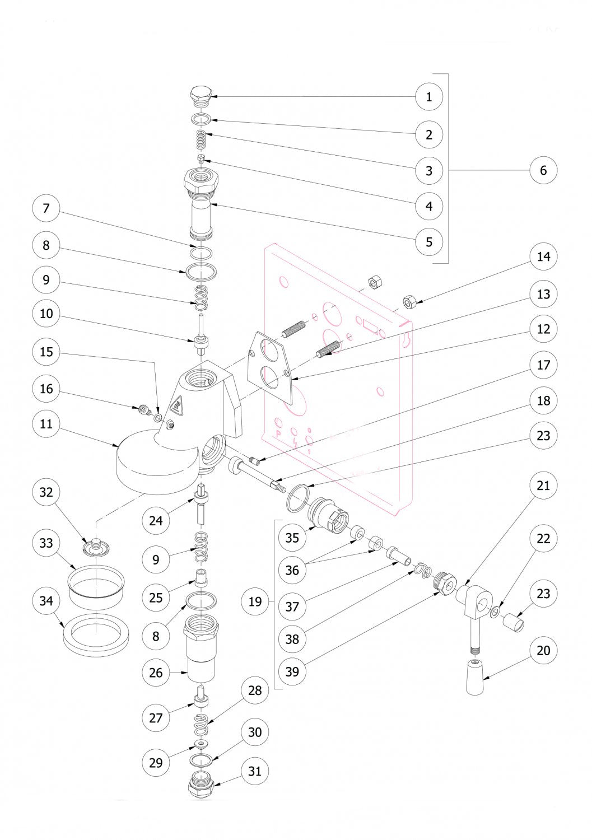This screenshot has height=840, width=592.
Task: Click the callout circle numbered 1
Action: click(429, 97)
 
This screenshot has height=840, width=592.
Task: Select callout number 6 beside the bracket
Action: click(543, 169)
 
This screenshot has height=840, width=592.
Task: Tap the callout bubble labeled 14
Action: click(543, 257)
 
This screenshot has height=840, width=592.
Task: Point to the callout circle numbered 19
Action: click(255, 602)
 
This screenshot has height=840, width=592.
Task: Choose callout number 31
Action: click(255, 771)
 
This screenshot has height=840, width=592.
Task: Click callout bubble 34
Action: click(46, 601)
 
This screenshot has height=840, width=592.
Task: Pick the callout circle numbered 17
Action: click(543, 365)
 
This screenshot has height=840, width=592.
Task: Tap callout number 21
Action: click(543, 486)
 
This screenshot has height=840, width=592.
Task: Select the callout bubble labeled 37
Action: click(292, 606)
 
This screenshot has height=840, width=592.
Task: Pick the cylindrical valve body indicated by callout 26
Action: click(201, 650)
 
